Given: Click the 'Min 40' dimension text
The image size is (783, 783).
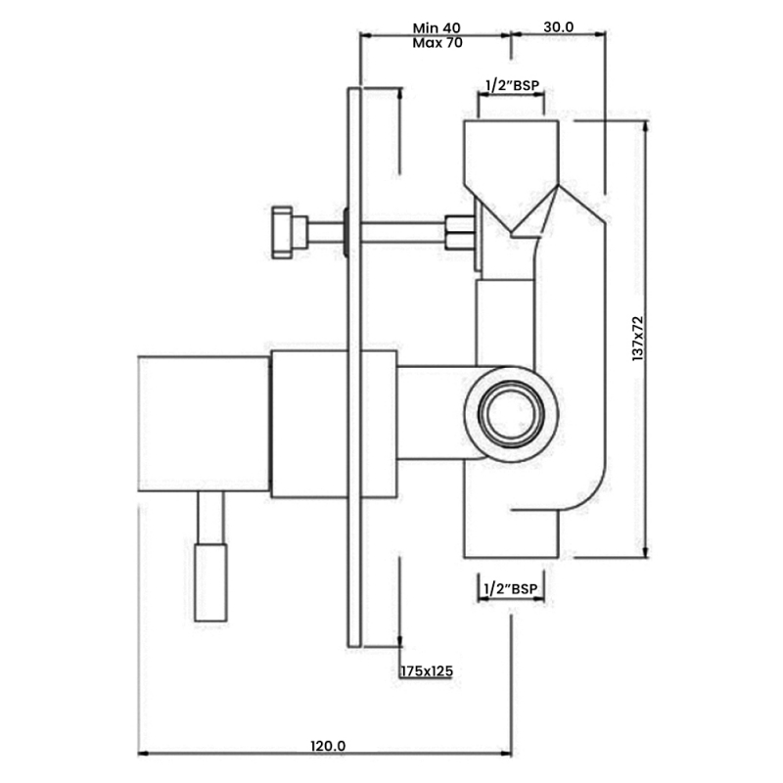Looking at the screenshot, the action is [x=437, y=28].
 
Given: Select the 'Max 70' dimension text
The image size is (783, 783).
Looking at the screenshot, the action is [x=438, y=43].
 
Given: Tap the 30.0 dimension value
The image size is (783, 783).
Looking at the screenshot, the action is [x=558, y=27].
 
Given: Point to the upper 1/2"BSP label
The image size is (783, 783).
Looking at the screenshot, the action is [x=513, y=86].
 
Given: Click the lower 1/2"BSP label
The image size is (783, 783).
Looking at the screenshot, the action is [x=511, y=589].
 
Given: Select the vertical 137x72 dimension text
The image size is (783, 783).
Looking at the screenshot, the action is [x=638, y=339].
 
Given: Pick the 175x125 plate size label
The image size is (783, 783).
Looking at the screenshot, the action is [x=427, y=671].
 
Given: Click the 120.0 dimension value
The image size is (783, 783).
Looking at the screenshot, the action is [x=328, y=746].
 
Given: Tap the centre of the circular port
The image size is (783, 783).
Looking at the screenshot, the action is [x=511, y=413].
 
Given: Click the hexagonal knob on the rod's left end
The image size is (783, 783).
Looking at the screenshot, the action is [x=282, y=232].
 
